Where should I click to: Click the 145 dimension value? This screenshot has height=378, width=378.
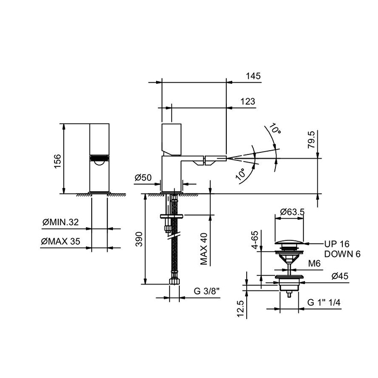point(253,76)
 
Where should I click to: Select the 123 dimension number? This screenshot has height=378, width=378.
point(247,102)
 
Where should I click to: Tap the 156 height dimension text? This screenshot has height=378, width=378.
point(58,161)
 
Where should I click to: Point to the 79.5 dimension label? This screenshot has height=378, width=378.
point(311,139)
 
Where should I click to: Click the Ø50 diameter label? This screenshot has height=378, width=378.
point(143,178)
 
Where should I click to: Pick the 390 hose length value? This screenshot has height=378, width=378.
point(139,239)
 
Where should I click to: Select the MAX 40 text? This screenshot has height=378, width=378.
point(204,249)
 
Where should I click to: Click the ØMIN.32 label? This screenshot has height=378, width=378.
point(60,222)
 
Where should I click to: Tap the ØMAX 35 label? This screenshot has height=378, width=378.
point(60,241)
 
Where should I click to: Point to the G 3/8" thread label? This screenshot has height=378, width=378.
point(207,291)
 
